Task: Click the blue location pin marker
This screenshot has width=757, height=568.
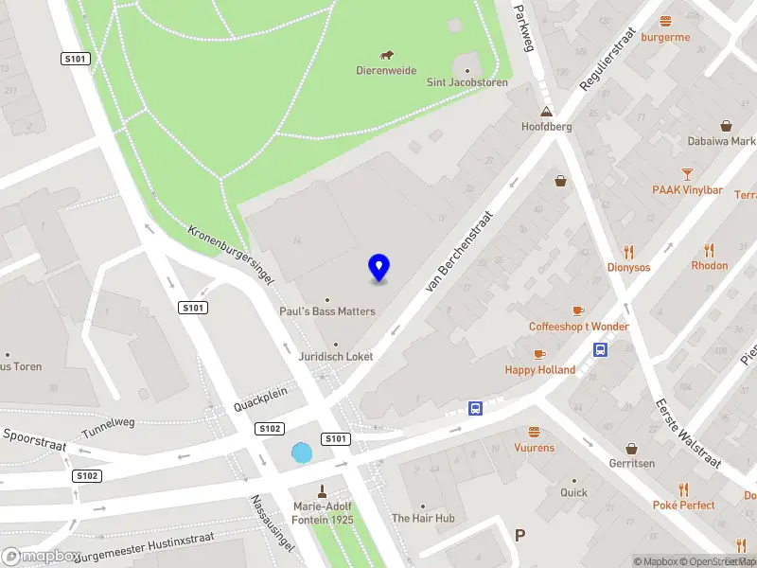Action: click(379, 267)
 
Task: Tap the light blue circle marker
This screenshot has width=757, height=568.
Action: click(302, 453)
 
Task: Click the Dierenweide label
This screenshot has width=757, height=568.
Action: click(386, 70)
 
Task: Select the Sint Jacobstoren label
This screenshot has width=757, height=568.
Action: click(467, 82)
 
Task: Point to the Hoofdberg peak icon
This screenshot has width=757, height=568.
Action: click(547, 112)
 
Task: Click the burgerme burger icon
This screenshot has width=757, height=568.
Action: click(666, 21)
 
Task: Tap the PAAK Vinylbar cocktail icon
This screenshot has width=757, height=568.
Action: click(687, 173)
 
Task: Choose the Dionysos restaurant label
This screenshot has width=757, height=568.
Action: click(629, 267)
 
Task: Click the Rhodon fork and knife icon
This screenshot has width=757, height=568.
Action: click(710, 250)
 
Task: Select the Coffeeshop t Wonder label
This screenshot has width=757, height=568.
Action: click(578, 327)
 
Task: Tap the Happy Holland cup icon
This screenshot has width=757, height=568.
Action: click(539, 354)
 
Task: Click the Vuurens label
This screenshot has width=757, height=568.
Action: click(535, 447)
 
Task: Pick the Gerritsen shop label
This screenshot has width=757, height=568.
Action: click(631, 464)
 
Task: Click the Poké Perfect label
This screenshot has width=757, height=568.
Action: click(684, 505)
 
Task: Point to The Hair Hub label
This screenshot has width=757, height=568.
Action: click(423, 518)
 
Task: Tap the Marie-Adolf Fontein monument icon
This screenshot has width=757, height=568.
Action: click(322, 490)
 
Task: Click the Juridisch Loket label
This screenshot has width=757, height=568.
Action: click(335, 356)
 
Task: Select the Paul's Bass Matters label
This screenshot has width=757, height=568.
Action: click(327, 311)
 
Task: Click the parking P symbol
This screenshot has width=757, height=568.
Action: click(519, 536)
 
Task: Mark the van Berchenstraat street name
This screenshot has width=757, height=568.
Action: click(462, 250)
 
